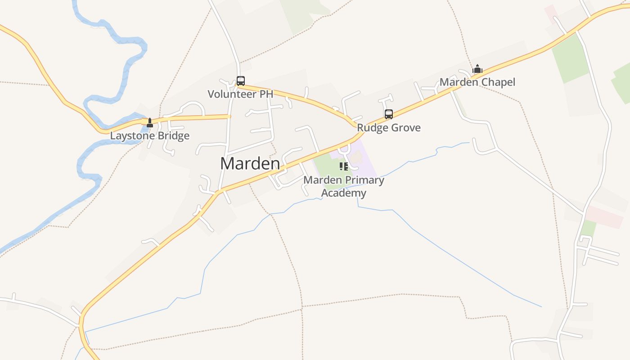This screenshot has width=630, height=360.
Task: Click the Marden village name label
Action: tap(250, 163)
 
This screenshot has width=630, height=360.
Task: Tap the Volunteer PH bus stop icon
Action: tap(241, 81)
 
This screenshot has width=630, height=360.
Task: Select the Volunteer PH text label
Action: tap(240, 94)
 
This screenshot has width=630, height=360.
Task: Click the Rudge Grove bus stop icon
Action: tap(389, 114)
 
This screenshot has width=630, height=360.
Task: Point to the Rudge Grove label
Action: tap(389, 127)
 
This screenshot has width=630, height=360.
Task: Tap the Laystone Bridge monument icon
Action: tap(150, 122)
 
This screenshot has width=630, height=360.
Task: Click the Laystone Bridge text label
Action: tap(150, 135)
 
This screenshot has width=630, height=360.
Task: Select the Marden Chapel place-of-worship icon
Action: tap(477, 69)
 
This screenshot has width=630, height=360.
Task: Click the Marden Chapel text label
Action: tap(477, 82)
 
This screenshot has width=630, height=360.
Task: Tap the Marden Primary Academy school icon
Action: tap(344, 166)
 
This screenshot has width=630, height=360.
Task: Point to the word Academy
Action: tap(344, 193)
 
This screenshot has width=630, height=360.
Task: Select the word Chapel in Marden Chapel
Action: tap(498, 82)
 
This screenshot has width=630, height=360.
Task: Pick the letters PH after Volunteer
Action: tap(267, 94)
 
